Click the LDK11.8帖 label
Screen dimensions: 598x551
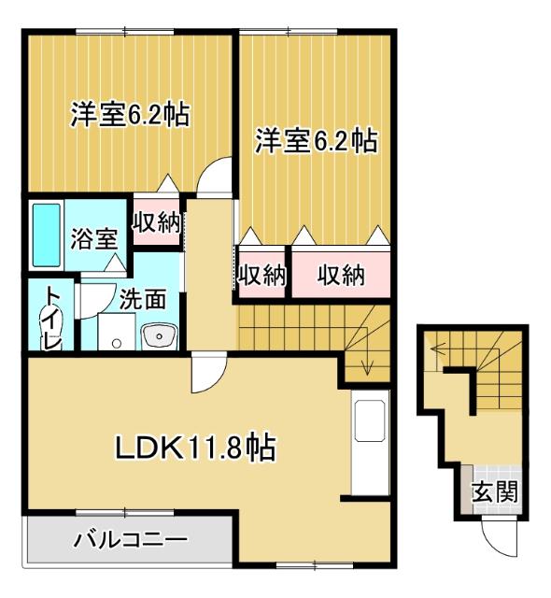click(x=193, y=448)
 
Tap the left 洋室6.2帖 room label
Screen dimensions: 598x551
click(x=129, y=115)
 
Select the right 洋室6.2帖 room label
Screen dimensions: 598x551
click(x=317, y=142)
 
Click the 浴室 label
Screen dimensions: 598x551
click(x=94, y=236)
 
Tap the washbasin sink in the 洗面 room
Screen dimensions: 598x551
click(x=160, y=334)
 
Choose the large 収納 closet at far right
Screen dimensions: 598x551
click(x=339, y=275)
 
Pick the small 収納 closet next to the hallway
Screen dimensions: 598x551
click(x=261, y=275)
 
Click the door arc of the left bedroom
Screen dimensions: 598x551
click(x=218, y=176)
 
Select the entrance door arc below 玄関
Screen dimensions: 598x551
click(x=496, y=536)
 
